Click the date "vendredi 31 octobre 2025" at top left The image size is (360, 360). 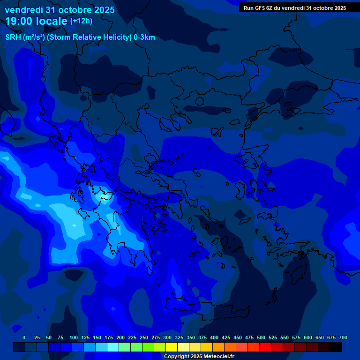(60, 10)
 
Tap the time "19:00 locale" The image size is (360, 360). (37, 21)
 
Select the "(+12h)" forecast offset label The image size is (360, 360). (81, 21)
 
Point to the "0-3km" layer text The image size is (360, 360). (144, 37)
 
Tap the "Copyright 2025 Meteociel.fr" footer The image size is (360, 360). (199, 357)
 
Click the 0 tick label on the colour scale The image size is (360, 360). (24, 337)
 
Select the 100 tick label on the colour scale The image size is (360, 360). (74, 337)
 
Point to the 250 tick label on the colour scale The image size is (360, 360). (144, 337)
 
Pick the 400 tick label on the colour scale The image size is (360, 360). (214, 337)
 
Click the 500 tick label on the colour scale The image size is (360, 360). (261, 337)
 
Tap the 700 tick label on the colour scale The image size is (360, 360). (343, 337)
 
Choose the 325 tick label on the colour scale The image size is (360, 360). (179, 337)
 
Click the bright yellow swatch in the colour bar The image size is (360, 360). (172, 347)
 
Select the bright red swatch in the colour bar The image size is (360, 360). (265, 347)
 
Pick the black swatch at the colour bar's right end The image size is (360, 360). (336, 347)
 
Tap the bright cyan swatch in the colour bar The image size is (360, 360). (113, 347)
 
